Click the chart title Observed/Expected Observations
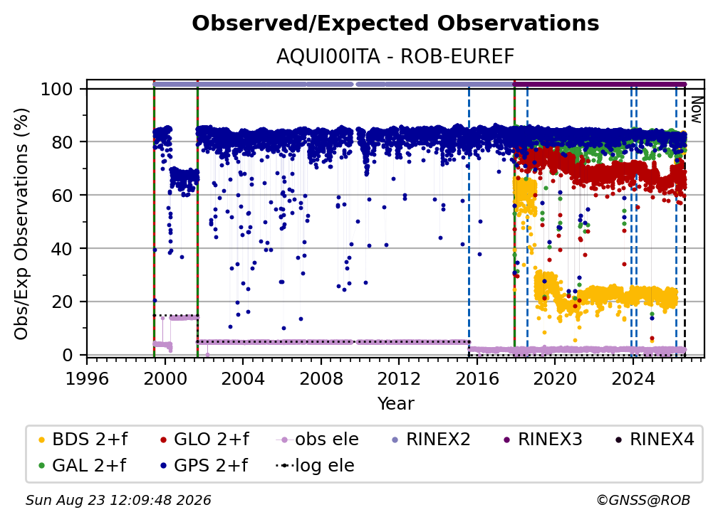coord(395,23)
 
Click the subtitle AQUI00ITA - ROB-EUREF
coord(395,57)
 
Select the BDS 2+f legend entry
coord(83,440)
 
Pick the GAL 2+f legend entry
coord(82,465)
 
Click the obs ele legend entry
coord(318,440)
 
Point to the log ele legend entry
coord(315,465)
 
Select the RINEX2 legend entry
coord(432,440)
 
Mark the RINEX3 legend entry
coord(543,440)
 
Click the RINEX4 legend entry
coord(655,440)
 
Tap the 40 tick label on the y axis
coord(62,249)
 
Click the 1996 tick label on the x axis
coord(87,378)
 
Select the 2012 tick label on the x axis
coord(399,378)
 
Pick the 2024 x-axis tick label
coord(633,378)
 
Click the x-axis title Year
coord(395,404)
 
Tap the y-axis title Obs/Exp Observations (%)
coord(21,224)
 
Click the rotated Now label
coord(697,110)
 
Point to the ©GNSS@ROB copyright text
coord(643,500)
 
